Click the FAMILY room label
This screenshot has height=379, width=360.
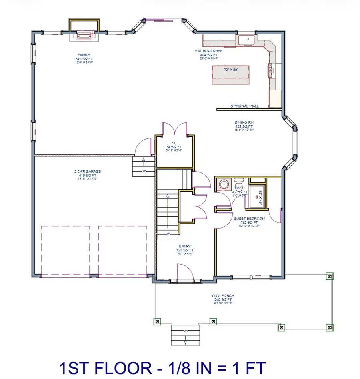pyautogui.click(x=84, y=55)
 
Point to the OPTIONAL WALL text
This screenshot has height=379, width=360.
pyautogui.click(x=244, y=106)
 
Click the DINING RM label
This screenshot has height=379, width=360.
pyautogui.click(x=243, y=123)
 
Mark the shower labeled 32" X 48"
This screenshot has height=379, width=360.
pyautogui.click(x=258, y=194)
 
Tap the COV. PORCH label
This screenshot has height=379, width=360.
pyautogui.click(x=224, y=296)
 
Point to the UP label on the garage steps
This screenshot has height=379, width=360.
pyautogui.click(x=143, y=171)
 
